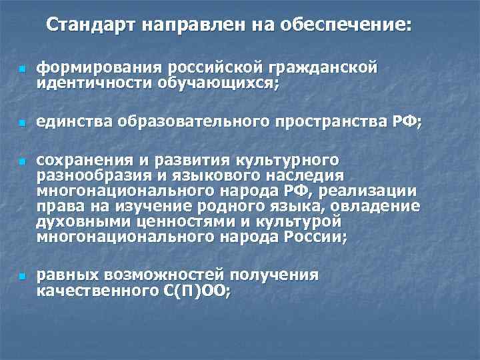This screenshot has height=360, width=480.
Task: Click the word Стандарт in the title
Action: coord(83,25)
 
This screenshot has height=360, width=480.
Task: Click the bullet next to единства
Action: coord(21,123)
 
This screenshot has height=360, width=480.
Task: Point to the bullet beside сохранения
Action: coord(21,162)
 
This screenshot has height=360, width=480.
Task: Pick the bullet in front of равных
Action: coord(21,276)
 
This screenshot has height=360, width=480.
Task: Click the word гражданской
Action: coord(324,67)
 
